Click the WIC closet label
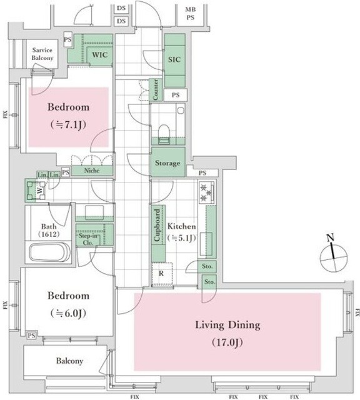[99, 55]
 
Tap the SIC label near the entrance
[174, 60]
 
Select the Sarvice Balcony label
[43, 53]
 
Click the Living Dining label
[227, 325]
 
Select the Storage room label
[167, 163]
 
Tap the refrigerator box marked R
[161, 274]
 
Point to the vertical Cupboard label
[157, 226]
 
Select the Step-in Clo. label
[87, 239]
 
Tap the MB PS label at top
[190, 13]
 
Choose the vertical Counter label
[154, 90]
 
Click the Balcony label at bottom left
[69, 361]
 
